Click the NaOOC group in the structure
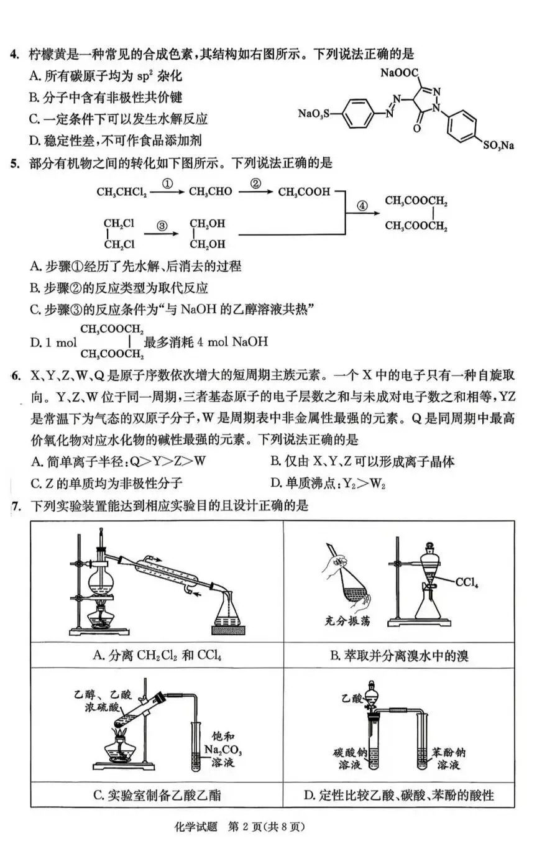(399, 73)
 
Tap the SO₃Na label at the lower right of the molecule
(499, 145)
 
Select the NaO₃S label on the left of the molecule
(314, 113)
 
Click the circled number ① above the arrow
(167, 183)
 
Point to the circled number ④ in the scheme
(362, 206)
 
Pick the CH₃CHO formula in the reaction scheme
(211, 191)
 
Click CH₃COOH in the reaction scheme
(304, 191)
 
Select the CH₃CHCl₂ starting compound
(122, 192)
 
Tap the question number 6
(16, 375)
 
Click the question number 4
(15, 54)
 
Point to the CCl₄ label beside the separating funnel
(466, 582)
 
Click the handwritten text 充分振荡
(347, 620)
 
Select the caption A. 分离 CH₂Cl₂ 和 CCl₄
(157, 655)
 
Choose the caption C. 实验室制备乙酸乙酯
(157, 794)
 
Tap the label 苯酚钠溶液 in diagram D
(448, 758)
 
